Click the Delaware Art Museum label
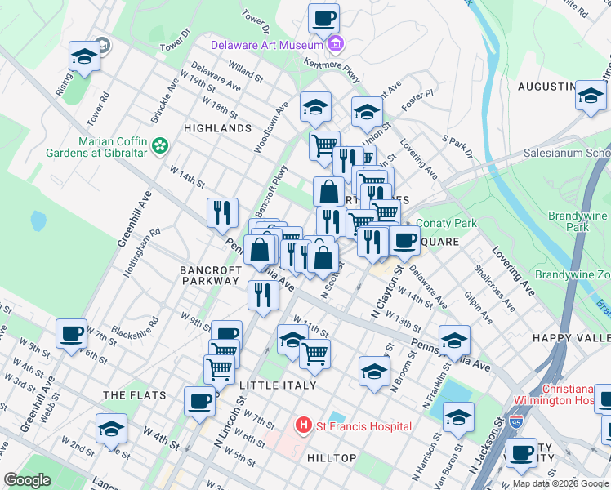pyautogui.click(x=267, y=46)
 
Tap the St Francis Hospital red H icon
pyautogui.click(x=304, y=425)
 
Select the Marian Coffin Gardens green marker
pyautogui.click(x=161, y=145)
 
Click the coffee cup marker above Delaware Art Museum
pyautogui.click(x=323, y=18)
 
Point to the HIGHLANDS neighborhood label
pyautogui.click(x=217, y=128)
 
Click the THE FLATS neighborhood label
pyautogui.click(x=135, y=395)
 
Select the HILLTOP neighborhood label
pyautogui.click(x=331, y=458)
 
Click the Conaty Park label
pyautogui.click(x=446, y=223)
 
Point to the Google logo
pyautogui.click(x=28, y=480)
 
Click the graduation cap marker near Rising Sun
pyautogui.click(x=83, y=56)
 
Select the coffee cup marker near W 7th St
pyautogui.click(x=71, y=333)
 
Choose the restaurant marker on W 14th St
pyautogui.click(x=222, y=213)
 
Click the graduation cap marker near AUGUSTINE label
pyautogui.click(x=590, y=96)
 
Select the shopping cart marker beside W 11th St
pyautogui.click(x=314, y=354)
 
